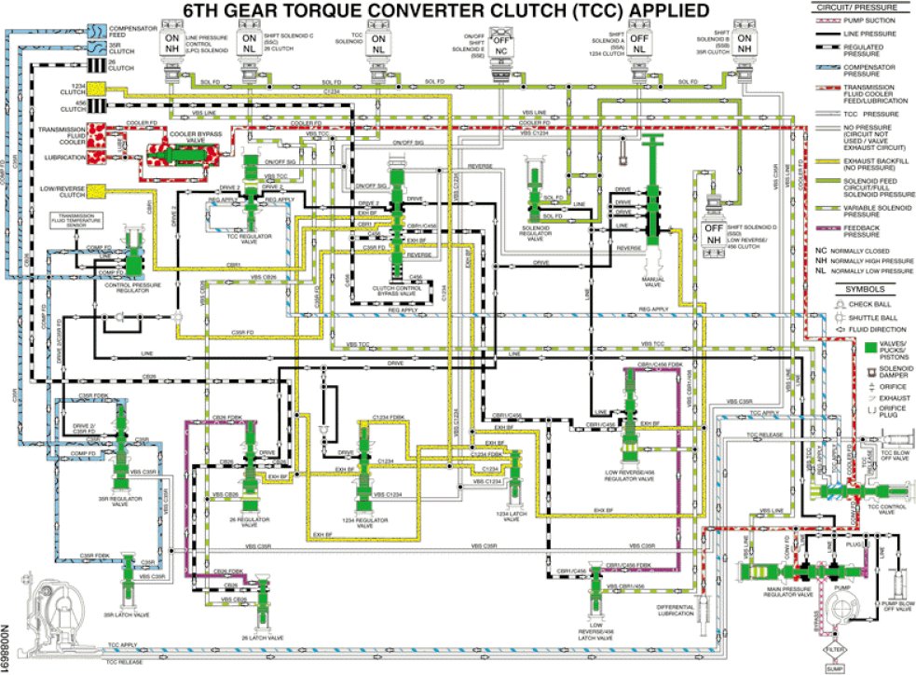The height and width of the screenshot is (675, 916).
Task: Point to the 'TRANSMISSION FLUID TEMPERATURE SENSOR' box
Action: [75, 221]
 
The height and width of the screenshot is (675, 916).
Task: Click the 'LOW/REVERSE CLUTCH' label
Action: [64, 192]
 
